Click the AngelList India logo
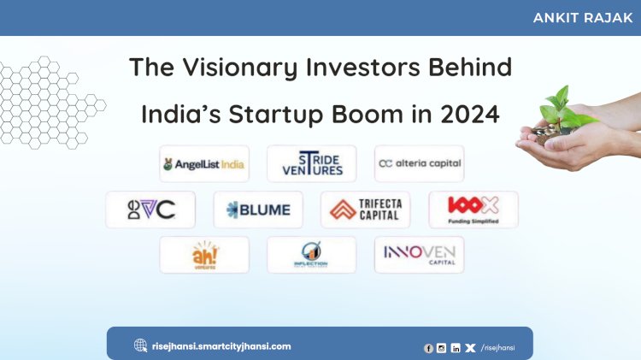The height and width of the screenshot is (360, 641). tap(204, 163)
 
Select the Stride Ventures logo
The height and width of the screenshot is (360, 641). tap(311, 163)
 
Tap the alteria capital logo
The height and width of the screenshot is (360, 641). tap(419, 163)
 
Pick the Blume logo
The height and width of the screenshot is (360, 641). tap(257, 210)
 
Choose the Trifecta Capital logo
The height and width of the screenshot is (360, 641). tap(365, 210)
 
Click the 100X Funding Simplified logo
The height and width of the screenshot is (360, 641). tap(473, 210)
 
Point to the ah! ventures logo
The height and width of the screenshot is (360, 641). tap(204, 255)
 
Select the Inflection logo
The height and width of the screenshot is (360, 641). tap(311, 255)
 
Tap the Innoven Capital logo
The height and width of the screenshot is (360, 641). tap(419, 255)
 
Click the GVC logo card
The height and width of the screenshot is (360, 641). tap(150, 210)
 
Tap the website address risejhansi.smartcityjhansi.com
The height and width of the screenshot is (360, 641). tap(221, 346)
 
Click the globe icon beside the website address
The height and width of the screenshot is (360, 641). tap(140, 346)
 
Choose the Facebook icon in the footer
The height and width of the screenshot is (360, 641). tap(428, 348)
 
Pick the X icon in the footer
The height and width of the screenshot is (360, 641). tap(470, 348)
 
